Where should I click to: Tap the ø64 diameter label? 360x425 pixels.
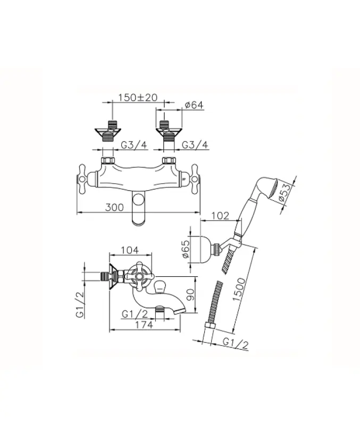(194, 105)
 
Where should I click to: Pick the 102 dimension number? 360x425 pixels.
(220, 215)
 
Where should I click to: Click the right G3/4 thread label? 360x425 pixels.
(195, 145)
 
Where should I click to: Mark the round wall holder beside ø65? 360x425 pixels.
(204, 247)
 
